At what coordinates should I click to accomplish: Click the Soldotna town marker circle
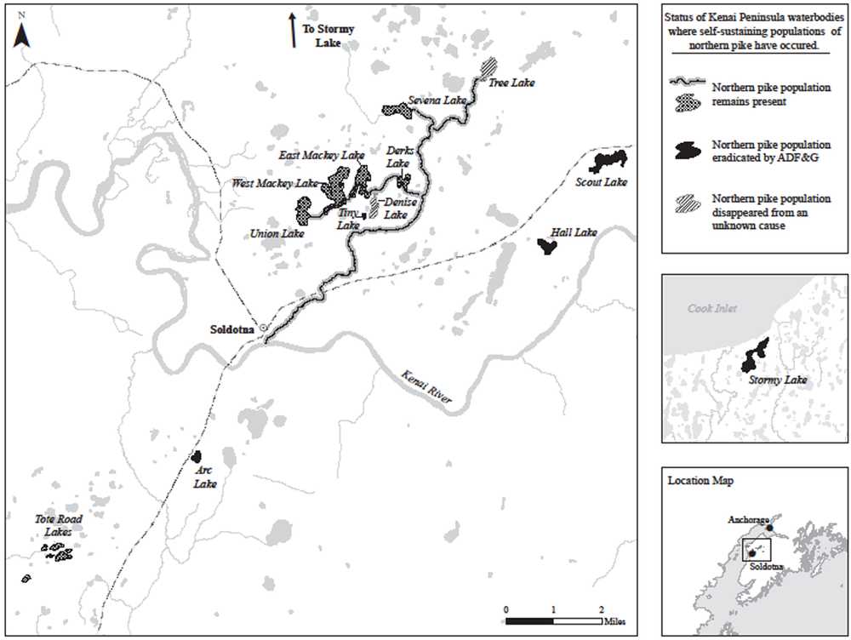pyautogui.click(x=264, y=328)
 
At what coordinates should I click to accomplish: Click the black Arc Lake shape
pyautogui.click(x=197, y=457)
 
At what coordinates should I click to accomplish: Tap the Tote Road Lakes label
pyautogui.click(x=53, y=525)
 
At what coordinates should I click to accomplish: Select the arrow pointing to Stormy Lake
pyautogui.click(x=292, y=30)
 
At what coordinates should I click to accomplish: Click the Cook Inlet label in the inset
pyautogui.click(x=712, y=309)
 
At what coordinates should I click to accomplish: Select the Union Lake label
pyautogui.click(x=271, y=232)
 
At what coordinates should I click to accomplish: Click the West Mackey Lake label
pyautogui.click(x=275, y=183)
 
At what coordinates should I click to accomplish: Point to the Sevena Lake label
pyautogui.click(x=437, y=100)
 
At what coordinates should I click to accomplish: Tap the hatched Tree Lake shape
pyautogui.click(x=488, y=66)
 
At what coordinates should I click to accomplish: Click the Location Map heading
pyautogui.click(x=701, y=480)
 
